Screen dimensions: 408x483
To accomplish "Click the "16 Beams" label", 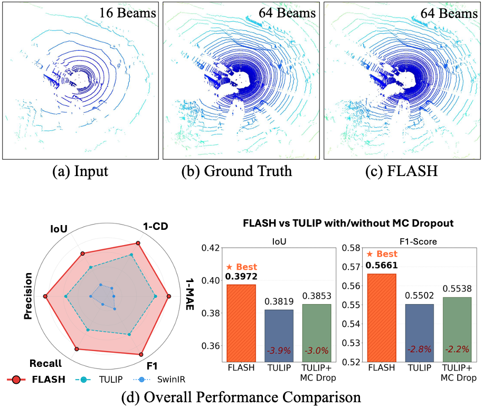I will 128,13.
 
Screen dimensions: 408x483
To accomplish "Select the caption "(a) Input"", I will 80,172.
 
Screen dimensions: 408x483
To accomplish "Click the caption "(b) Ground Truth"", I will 242,172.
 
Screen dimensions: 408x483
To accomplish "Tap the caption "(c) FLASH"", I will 402,172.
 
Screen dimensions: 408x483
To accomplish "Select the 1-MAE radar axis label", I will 188,297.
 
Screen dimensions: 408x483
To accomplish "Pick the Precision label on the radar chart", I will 29,297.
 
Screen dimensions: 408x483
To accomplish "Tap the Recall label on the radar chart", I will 46,363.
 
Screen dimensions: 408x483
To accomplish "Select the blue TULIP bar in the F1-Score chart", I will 420,333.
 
